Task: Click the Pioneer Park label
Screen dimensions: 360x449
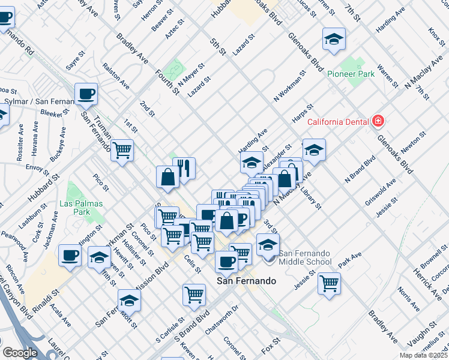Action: click(x=351, y=74)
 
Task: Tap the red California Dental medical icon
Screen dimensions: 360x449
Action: click(x=378, y=122)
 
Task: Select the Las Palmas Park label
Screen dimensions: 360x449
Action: click(x=81, y=208)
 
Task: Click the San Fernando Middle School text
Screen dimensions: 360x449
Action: click(x=305, y=257)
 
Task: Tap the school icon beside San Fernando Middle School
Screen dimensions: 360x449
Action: click(x=268, y=244)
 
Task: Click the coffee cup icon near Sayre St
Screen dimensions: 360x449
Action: click(x=86, y=94)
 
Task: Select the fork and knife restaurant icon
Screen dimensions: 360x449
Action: click(x=184, y=168)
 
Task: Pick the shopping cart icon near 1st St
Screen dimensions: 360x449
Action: click(x=122, y=150)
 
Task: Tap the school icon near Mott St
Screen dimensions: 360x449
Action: click(x=129, y=300)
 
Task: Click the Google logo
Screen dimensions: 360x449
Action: click(x=20, y=353)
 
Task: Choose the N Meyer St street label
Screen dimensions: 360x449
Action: click(x=192, y=74)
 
